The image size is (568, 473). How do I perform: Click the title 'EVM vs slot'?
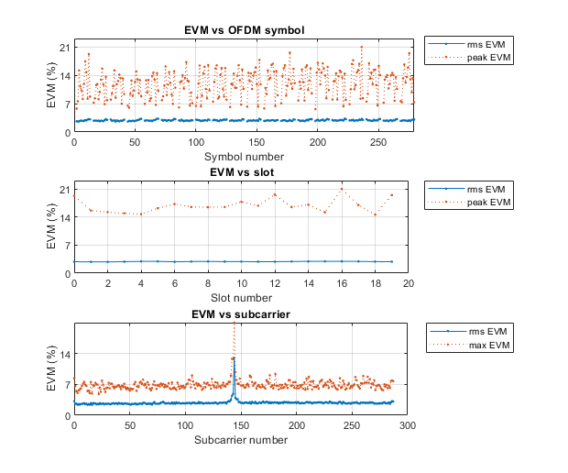(x=241, y=172)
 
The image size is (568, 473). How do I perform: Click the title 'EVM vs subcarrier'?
(x=241, y=314)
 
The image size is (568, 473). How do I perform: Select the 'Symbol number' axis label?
(x=241, y=157)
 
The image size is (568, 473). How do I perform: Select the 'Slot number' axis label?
(x=241, y=299)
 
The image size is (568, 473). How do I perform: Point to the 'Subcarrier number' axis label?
(x=241, y=440)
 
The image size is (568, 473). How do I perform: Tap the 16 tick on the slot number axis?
(x=342, y=285)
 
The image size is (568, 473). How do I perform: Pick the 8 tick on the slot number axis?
(x=208, y=285)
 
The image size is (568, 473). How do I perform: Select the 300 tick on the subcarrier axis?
(x=409, y=426)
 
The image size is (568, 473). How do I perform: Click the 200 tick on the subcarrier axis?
(x=297, y=426)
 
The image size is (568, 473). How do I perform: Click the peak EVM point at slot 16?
(x=342, y=189)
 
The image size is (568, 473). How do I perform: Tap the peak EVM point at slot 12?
(x=275, y=194)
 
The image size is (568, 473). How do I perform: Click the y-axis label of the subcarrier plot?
(x=51, y=368)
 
